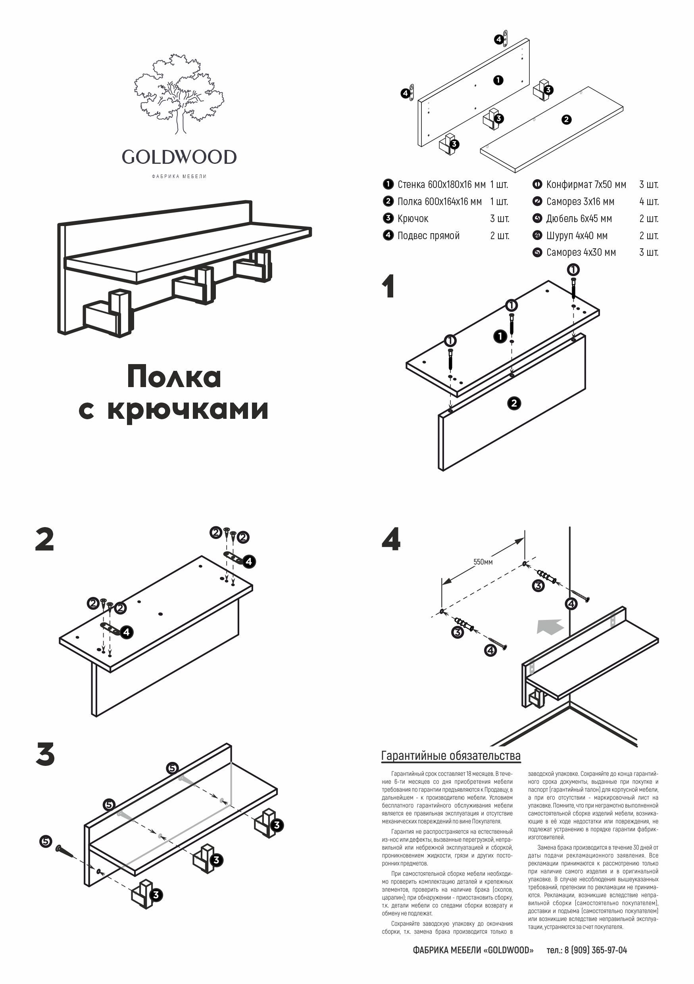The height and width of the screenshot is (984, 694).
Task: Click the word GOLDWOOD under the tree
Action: [x=179, y=157]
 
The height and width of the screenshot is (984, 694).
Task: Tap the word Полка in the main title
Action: [x=174, y=377]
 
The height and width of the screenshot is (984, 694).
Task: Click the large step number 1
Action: [x=388, y=287]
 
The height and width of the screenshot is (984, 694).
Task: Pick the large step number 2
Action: [x=44, y=540]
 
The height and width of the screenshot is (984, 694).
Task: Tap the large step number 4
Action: [x=391, y=540]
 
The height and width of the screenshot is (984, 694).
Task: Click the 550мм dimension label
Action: [x=483, y=562]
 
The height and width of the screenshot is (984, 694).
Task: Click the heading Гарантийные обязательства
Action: [x=450, y=756]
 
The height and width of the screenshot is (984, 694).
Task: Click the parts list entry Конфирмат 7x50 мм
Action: [x=586, y=185]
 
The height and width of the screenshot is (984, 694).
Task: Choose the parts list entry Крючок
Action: [x=413, y=219]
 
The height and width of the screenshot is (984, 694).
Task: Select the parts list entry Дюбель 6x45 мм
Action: [x=579, y=219]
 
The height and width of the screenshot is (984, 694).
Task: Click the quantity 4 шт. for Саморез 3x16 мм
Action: [x=648, y=201]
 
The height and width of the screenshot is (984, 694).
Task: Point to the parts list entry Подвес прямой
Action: [x=428, y=235]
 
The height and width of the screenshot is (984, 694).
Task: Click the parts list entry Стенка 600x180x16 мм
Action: [x=441, y=185]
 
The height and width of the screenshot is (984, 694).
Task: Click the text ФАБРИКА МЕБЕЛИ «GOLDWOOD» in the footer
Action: [x=473, y=950]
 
